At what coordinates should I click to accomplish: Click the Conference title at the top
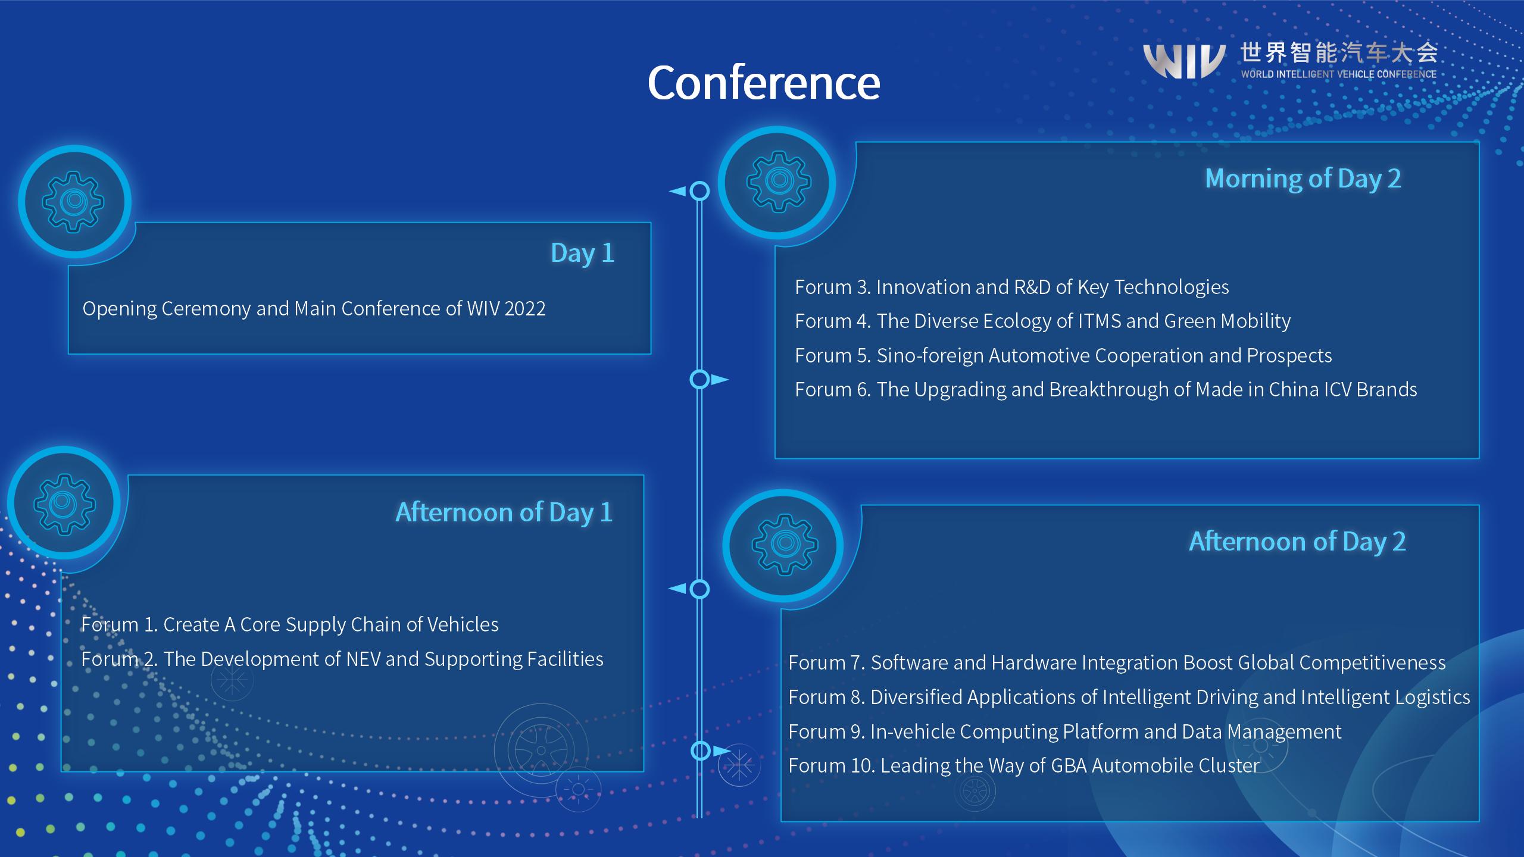(764, 82)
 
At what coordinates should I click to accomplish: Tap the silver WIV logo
(1184, 62)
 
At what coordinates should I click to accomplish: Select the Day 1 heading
(582, 254)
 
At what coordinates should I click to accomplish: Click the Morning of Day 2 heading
(1303, 179)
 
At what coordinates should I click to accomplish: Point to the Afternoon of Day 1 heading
(504, 512)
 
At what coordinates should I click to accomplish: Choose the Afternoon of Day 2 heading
(1298, 542)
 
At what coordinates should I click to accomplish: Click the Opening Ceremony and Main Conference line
(314, 309)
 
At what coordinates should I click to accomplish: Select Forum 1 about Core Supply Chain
(290, 624)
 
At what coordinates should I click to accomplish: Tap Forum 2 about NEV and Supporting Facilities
(342, 659)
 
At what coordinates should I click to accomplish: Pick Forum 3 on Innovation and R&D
(1012, 287)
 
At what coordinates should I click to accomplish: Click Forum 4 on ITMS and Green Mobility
(1043, 321)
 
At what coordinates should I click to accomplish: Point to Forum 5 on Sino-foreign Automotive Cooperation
(1063, 356)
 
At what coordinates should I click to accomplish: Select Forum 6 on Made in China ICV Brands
(1106, 390)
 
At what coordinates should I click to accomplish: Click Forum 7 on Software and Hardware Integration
(1117, 663)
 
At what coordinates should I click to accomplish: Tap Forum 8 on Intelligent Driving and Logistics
(1129, 697)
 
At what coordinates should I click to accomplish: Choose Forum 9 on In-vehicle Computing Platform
(1065, 731)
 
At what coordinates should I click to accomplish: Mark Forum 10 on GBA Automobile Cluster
(1024, 765)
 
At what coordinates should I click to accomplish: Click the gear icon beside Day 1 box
(74, 202)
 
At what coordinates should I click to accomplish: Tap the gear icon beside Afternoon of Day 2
(784, 545)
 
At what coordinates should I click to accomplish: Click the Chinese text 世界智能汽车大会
(1339, 54)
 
